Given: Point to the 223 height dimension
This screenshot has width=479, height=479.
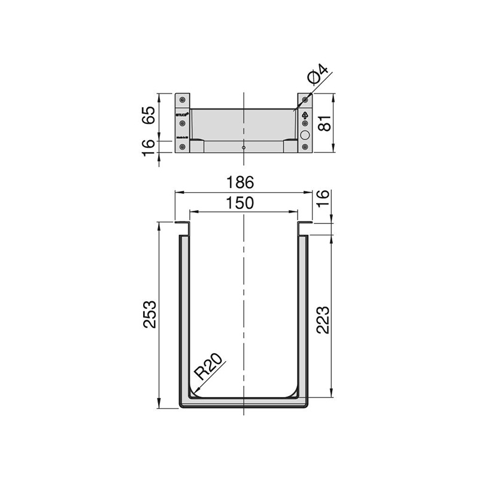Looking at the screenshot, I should (x=323, y=320).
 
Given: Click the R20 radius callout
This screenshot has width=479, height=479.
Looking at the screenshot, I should (x=209, y=366).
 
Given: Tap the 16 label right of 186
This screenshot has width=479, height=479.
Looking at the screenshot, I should (x=323, y=198).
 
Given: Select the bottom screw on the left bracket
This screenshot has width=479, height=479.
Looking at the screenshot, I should (x=183, y=147).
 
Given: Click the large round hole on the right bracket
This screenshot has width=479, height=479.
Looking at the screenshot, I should (x=305, y=135).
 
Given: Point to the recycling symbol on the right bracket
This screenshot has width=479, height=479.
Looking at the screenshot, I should (x=305, y=114).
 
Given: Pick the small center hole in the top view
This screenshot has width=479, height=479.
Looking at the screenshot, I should (x=243, y=147).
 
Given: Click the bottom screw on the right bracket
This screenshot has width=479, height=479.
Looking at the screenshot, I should (x=305, y=147).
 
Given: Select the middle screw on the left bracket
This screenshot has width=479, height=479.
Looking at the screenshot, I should (x=183, y=124).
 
